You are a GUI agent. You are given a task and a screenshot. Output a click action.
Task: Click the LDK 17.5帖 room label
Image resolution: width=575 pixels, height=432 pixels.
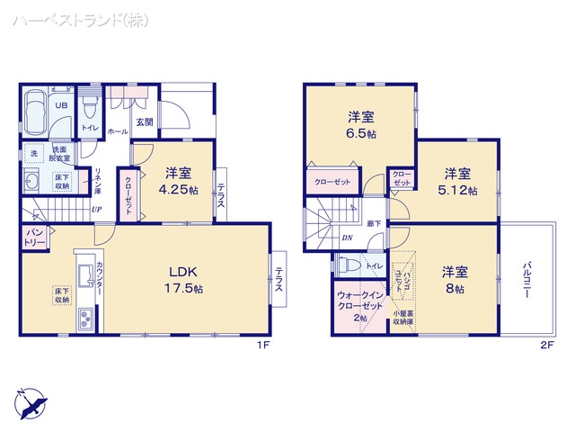186,279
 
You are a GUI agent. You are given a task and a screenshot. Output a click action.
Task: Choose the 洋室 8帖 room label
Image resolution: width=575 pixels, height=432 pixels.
453,279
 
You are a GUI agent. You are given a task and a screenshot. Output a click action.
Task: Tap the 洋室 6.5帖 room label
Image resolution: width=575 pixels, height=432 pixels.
361,124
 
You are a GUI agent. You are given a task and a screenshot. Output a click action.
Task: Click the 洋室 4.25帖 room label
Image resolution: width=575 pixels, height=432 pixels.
178,182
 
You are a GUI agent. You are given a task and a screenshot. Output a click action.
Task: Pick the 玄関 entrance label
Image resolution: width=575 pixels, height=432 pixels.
145,122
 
